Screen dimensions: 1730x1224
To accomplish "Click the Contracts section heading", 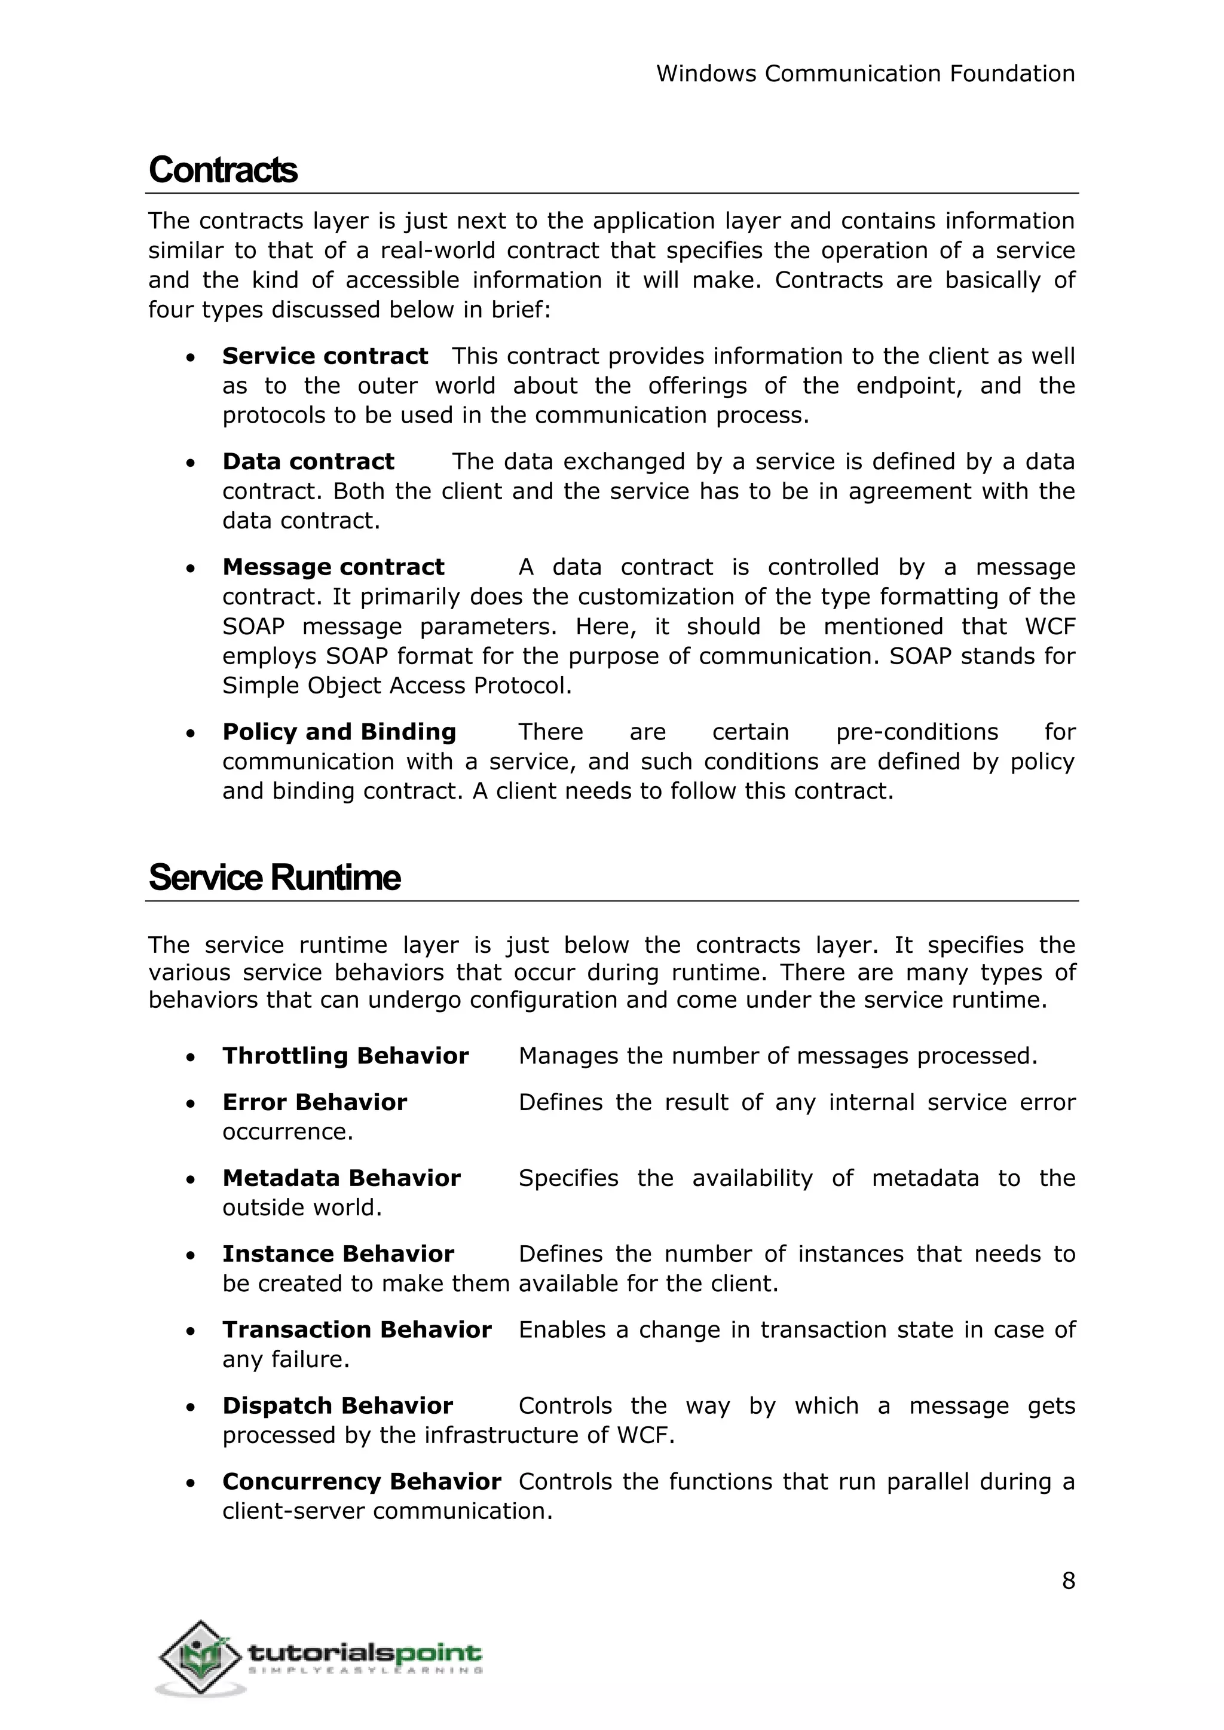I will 223,170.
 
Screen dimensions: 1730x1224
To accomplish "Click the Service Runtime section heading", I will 274,878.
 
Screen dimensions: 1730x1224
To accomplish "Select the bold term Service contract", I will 325,356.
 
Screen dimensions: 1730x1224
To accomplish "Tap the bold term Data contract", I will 308,461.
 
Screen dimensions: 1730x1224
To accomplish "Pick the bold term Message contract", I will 333,567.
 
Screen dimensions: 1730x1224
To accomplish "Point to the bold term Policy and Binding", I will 339,732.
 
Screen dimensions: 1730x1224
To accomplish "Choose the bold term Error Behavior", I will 314,1102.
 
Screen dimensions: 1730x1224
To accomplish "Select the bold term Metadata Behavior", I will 341,1178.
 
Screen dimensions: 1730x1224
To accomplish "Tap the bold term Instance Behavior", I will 338,1254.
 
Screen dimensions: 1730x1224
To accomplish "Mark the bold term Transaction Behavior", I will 356,1329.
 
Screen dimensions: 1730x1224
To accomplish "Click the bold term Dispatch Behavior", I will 338,1405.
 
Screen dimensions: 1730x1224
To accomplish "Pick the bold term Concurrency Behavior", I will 362,1481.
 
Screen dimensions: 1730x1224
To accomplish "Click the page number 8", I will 1068,1581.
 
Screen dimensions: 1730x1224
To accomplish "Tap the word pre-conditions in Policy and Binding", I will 916,732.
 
